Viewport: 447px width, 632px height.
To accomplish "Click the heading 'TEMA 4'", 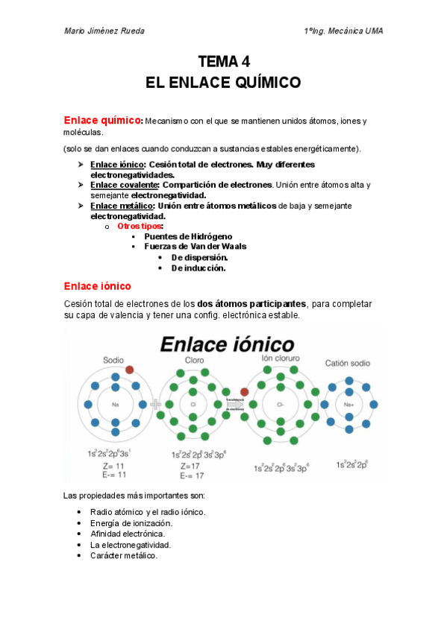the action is tap(222, 62).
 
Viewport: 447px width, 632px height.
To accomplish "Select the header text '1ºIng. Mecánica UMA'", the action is tap(343, 31).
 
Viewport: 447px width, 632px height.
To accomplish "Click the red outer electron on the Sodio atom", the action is tap(130, 370).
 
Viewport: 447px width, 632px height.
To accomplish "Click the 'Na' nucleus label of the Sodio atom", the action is tap(116, 405).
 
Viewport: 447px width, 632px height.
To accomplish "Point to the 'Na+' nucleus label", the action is tap(348, 405).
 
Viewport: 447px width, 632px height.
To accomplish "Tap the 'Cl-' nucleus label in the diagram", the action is tap(281, 405).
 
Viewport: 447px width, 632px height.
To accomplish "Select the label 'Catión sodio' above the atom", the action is tap(348, 363).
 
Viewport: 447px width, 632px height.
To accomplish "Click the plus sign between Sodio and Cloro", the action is tap(156, 405).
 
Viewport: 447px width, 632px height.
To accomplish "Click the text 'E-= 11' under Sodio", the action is tap(114, 474).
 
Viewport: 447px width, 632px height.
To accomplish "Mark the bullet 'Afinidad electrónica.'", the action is tap(127, 534).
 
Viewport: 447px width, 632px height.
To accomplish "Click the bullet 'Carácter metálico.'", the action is tap(123, 555).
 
